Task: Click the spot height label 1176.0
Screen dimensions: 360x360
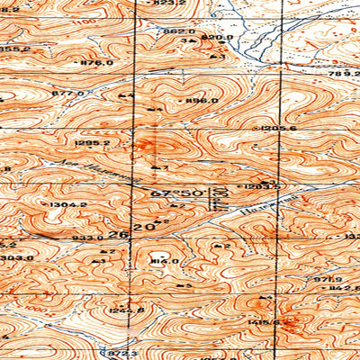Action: (x=96, y=63)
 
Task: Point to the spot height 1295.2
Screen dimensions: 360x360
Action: (x=94, y=142)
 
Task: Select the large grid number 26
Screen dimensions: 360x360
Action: (x=115, y=233)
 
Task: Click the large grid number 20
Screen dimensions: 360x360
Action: (x=143, y=229)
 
